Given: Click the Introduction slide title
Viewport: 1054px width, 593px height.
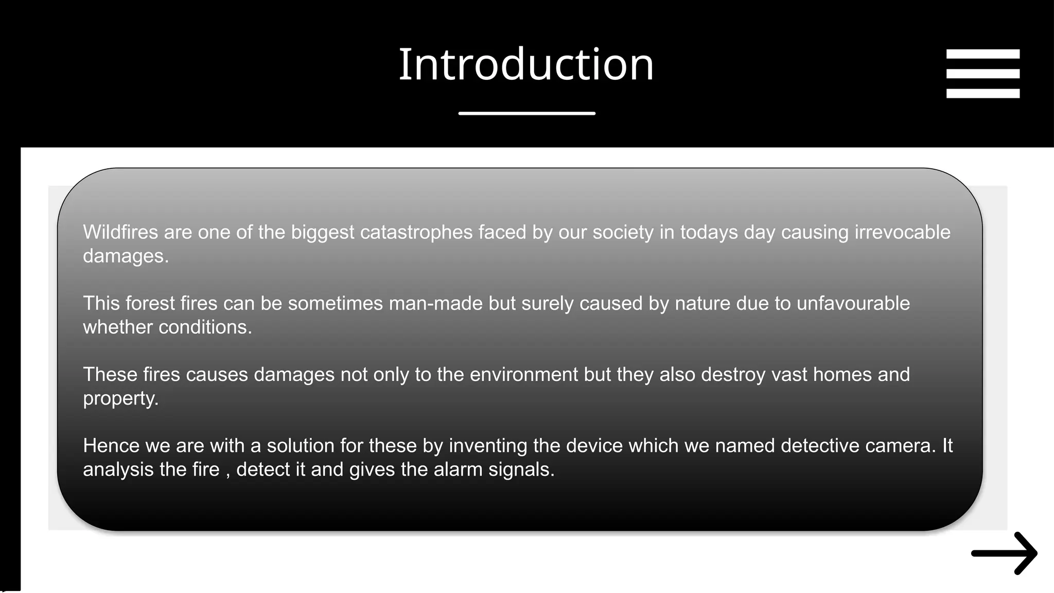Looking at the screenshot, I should (526, 64).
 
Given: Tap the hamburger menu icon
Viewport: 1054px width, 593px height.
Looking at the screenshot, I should (982, 74).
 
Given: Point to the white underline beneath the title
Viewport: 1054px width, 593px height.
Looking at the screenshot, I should (526, 113).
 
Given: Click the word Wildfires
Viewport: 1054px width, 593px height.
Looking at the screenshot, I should (120, 232).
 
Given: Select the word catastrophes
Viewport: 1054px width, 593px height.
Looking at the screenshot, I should (416, 232).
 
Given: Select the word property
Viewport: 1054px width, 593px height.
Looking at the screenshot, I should (120, 399).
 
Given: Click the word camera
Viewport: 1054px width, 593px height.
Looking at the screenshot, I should (900, 445).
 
